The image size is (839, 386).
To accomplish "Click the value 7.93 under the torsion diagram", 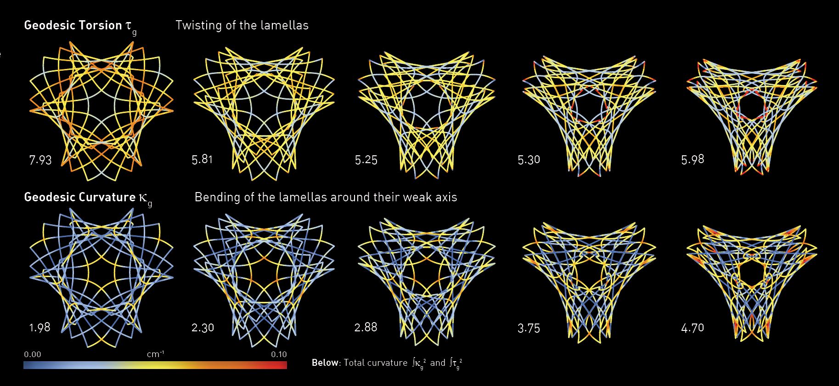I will pyautogui.click(x=40, y=160).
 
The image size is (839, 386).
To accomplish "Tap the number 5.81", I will pyautogui.click(x=203, y=160).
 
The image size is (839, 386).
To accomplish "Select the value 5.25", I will pyautogui.click(x=366, y=160).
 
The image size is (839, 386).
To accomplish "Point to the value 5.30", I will pyautogui.click(x=529, y=160).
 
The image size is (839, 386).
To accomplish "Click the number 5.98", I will pyautogui.click(x=693, y=159).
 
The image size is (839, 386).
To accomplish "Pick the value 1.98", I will pyautogui.click(x=39, y=328).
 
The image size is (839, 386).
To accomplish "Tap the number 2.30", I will pyautogui.click(x=203, y=328).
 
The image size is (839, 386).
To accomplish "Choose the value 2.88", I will pyautogui.click(x=366, y=327).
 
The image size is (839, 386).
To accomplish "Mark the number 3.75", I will pyautogui.click(x=529, y=328).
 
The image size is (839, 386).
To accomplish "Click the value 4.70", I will pyautogui.click(x=693, y=328).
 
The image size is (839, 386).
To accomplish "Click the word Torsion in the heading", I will pyautogui.click(x=100, y=25).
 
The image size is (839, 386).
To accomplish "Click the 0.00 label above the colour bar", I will pyautogui.click(x=33, y=354).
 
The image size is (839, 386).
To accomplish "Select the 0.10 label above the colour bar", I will pyautogui.click(x=279, y=354).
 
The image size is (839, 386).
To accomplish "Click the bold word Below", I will pyautogui.click(x=325, y=363).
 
